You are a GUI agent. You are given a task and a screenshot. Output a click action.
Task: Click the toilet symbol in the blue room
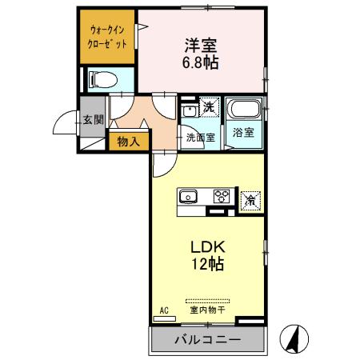[102, 78]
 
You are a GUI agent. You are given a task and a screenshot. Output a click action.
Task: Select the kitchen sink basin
[190, 196]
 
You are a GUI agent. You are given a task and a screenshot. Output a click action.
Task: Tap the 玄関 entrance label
[92, 120]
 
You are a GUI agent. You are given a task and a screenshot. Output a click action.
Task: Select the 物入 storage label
[128, 142]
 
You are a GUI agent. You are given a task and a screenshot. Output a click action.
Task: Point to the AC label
[164, 309]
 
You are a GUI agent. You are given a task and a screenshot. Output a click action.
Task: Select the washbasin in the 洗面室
[189, 110]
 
